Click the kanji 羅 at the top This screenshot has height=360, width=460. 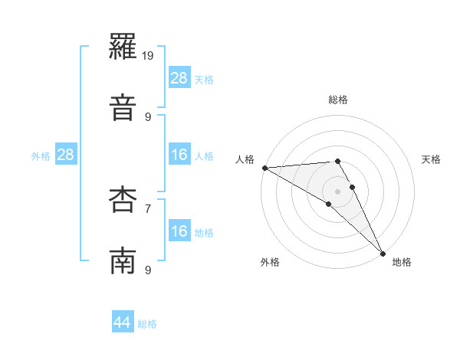pos(123,51)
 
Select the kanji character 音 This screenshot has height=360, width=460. pos(123,106)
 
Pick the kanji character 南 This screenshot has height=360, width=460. pos(123,260)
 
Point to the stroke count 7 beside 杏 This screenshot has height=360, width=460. pos(149,208)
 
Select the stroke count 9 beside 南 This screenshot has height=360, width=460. pos(149,269)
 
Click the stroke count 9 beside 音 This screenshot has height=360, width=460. pos(149,116)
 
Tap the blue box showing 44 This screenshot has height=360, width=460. pos(123,323)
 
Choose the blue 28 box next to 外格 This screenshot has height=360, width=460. pos(66,155)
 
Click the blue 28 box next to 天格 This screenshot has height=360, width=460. pos(179,78)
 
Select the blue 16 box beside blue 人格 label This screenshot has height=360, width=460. pos(179,155)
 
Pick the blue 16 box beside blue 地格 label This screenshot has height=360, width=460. pos(179,232)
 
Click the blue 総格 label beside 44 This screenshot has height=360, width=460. pos(147,324)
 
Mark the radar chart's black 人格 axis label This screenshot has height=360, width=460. pos(245,159)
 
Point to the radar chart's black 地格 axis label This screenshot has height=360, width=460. pos(402,262)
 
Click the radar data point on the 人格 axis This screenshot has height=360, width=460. pos(264,168)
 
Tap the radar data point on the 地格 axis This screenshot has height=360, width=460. pos(383,253)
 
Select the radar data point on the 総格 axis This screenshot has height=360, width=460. pos(337,162)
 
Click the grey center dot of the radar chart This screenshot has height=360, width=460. pos(337,191)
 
